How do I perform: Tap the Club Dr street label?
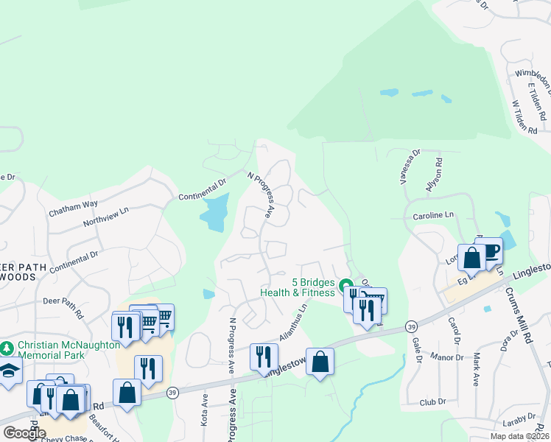pos(433,402)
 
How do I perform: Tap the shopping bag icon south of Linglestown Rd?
pos(320,362)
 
